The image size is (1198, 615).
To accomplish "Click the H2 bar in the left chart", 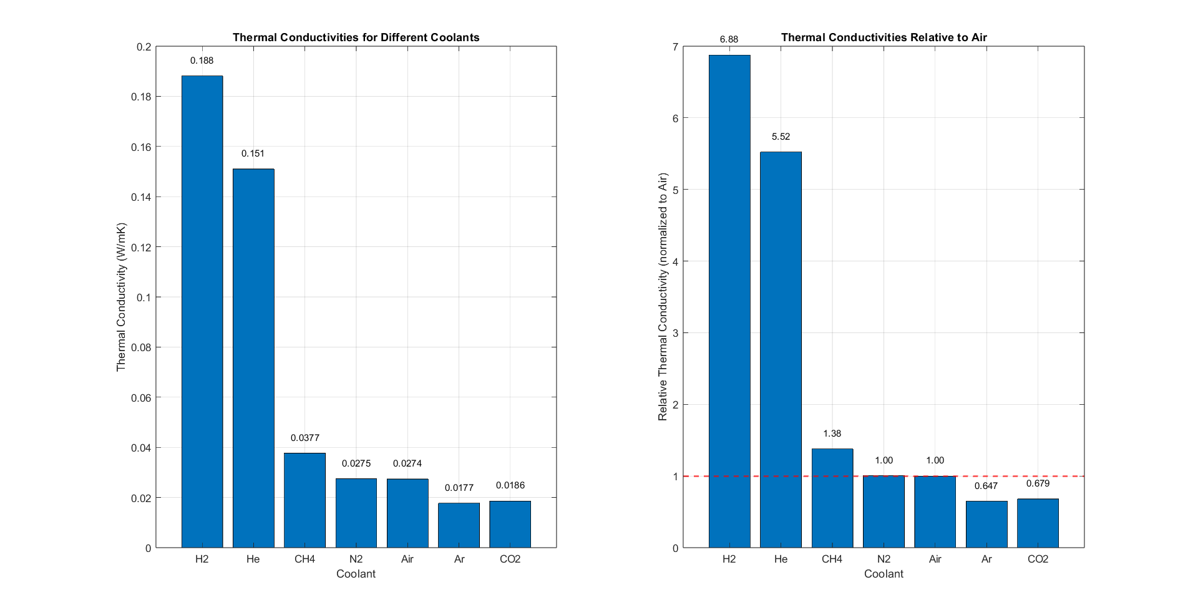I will pos(202,312).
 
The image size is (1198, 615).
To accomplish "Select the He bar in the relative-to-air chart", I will pos(781,349).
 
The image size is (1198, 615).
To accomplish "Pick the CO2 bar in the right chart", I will pos(1038,523).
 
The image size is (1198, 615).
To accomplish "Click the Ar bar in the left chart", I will pos(459,525).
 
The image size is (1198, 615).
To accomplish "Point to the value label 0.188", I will pos(202,61).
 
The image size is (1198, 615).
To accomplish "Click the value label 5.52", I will pos(781,137).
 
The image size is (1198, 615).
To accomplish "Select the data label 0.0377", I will pos(304,438).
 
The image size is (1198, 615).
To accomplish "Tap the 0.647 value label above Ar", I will pos(986,486).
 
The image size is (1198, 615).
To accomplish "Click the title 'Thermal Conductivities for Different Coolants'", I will pos(356,37).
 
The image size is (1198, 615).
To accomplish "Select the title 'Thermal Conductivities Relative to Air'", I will pos(884,37).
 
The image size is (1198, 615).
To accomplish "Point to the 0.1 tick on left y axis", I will pos(144,298).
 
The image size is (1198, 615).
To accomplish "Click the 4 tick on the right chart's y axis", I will pos(675,261).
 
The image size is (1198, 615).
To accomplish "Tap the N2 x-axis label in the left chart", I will pos(356,559).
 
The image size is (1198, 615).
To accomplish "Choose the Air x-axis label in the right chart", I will pos(935,559).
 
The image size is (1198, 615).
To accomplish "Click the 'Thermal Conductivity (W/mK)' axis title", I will pos(121,297).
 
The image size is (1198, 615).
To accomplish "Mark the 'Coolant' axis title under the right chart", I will pos(884,574).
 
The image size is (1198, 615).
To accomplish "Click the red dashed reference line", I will pos(686,476).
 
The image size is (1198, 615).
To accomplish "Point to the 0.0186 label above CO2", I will pos(510,485).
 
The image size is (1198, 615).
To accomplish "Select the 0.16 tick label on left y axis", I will pos(141,147).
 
